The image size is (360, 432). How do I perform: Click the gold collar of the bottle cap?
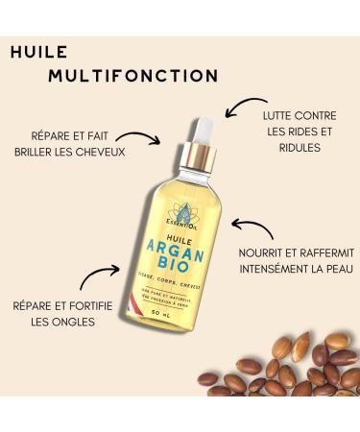(x=198, y=156)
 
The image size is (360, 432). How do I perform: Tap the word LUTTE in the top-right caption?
(x=279, y=114)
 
